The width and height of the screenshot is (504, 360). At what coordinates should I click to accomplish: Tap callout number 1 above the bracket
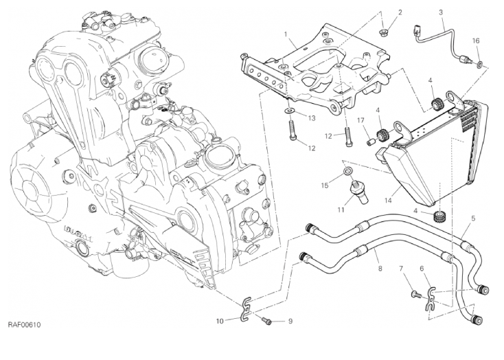[285, 34]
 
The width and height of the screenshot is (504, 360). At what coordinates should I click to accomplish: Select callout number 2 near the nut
[400, 12]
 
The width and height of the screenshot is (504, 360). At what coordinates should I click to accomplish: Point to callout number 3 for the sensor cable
[441, 12]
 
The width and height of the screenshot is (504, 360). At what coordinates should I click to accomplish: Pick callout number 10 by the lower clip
[220, 320]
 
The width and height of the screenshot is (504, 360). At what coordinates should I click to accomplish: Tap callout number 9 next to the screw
[290, 321]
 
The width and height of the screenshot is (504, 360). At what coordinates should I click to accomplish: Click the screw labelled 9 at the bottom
[268, 320]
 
